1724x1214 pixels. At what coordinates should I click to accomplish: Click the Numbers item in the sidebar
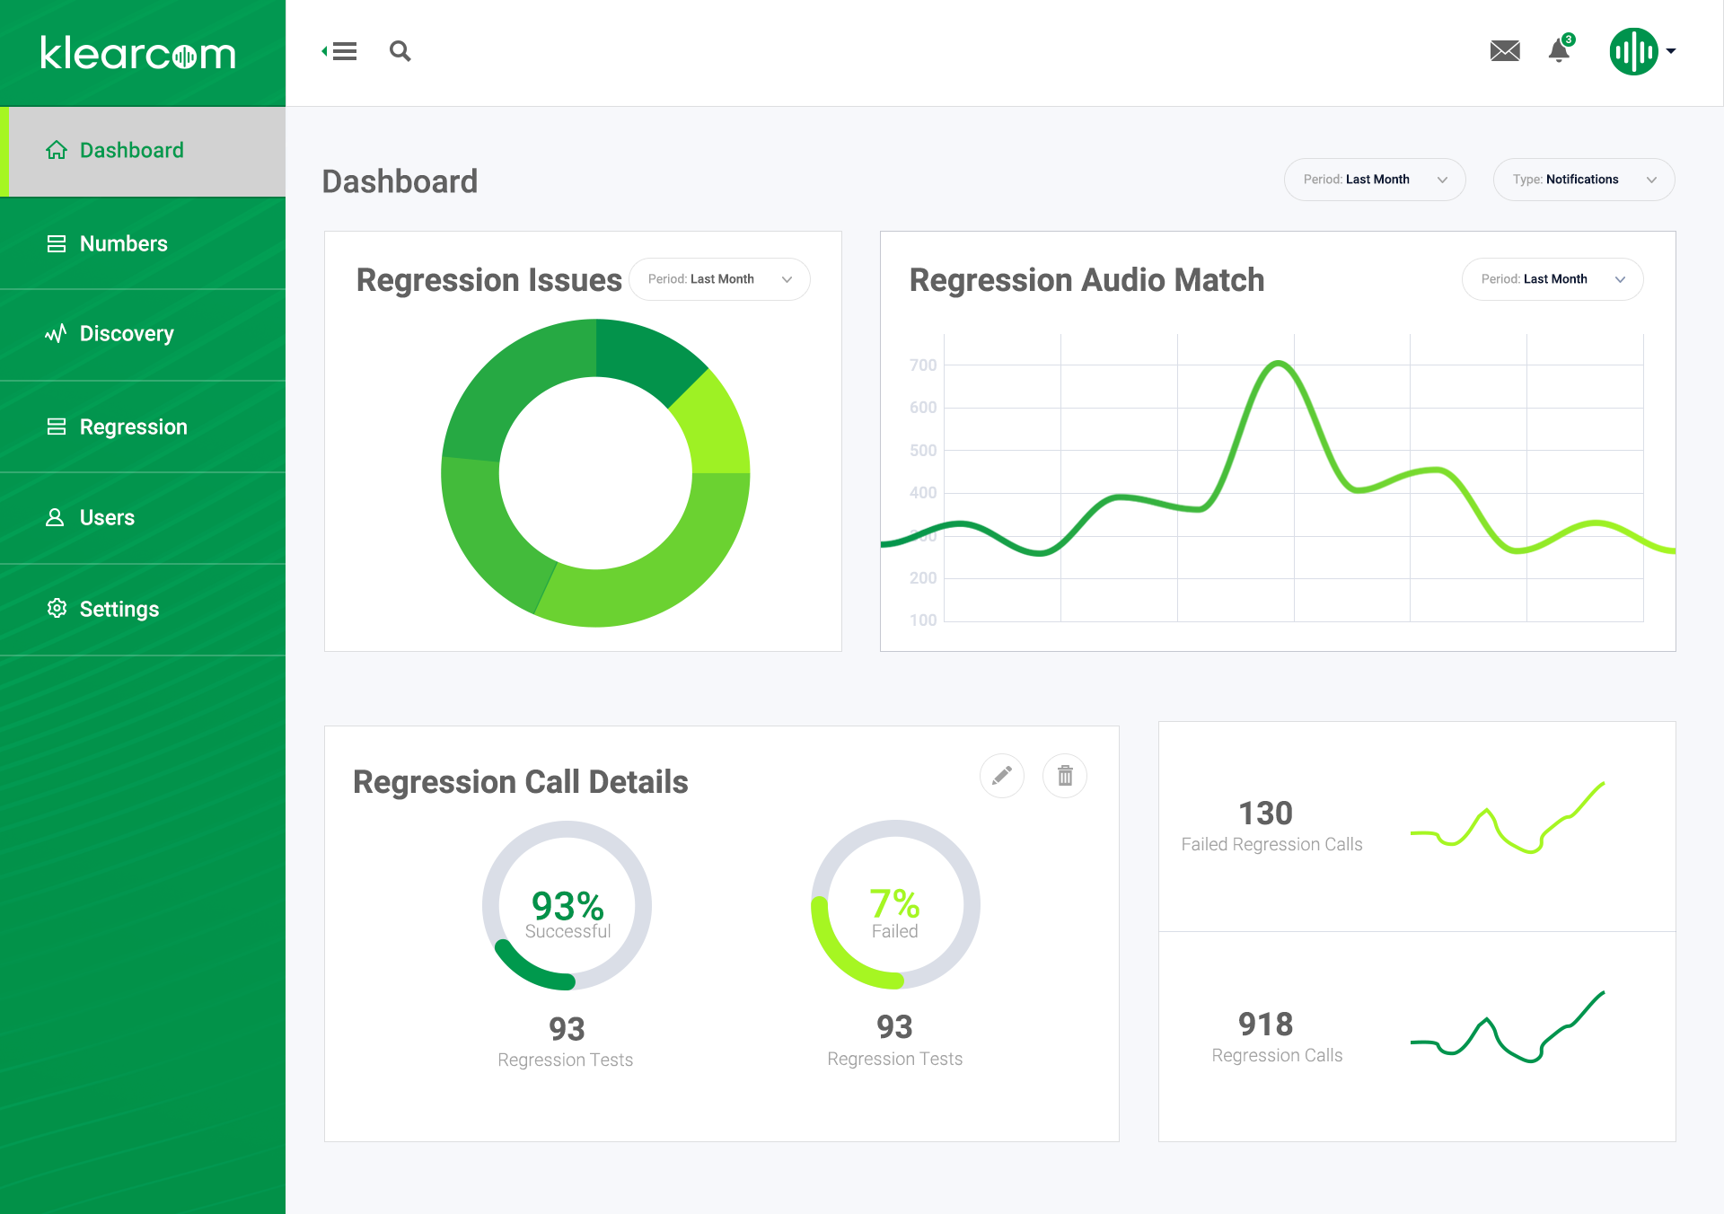coord(123,243)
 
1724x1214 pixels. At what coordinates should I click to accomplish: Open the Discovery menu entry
coord(126,334)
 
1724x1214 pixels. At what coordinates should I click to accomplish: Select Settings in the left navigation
coord(119,609)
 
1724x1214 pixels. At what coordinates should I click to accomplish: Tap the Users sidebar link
coord(106,517)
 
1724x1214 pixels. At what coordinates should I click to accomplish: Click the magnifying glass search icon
coord(400,51)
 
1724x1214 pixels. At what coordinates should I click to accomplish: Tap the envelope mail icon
coord(1505,51)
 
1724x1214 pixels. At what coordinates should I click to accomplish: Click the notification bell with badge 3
coord(1560,51)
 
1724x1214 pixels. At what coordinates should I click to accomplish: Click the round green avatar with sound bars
coord(1633,51)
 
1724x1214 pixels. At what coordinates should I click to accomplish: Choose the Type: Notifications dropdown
coord(1583,180)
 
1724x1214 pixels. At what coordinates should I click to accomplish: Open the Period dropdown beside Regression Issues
coord(719,279)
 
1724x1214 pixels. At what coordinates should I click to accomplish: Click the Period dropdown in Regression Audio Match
coord(1552,279)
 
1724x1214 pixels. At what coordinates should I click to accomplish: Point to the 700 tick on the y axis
coord(922,365)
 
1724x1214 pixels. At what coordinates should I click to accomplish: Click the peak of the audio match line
coord(1279,363)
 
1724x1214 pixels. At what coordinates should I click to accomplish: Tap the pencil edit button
coord(1002,775)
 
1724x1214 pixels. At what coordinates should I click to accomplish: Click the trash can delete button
coord(1065,775)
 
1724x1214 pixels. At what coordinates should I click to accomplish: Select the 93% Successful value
coord(567,906)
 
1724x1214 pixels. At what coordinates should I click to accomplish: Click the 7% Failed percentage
coord(894,903)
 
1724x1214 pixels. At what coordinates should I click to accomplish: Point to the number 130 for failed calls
coord(1265,814)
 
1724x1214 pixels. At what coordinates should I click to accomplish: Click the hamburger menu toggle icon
coord(340,51)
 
